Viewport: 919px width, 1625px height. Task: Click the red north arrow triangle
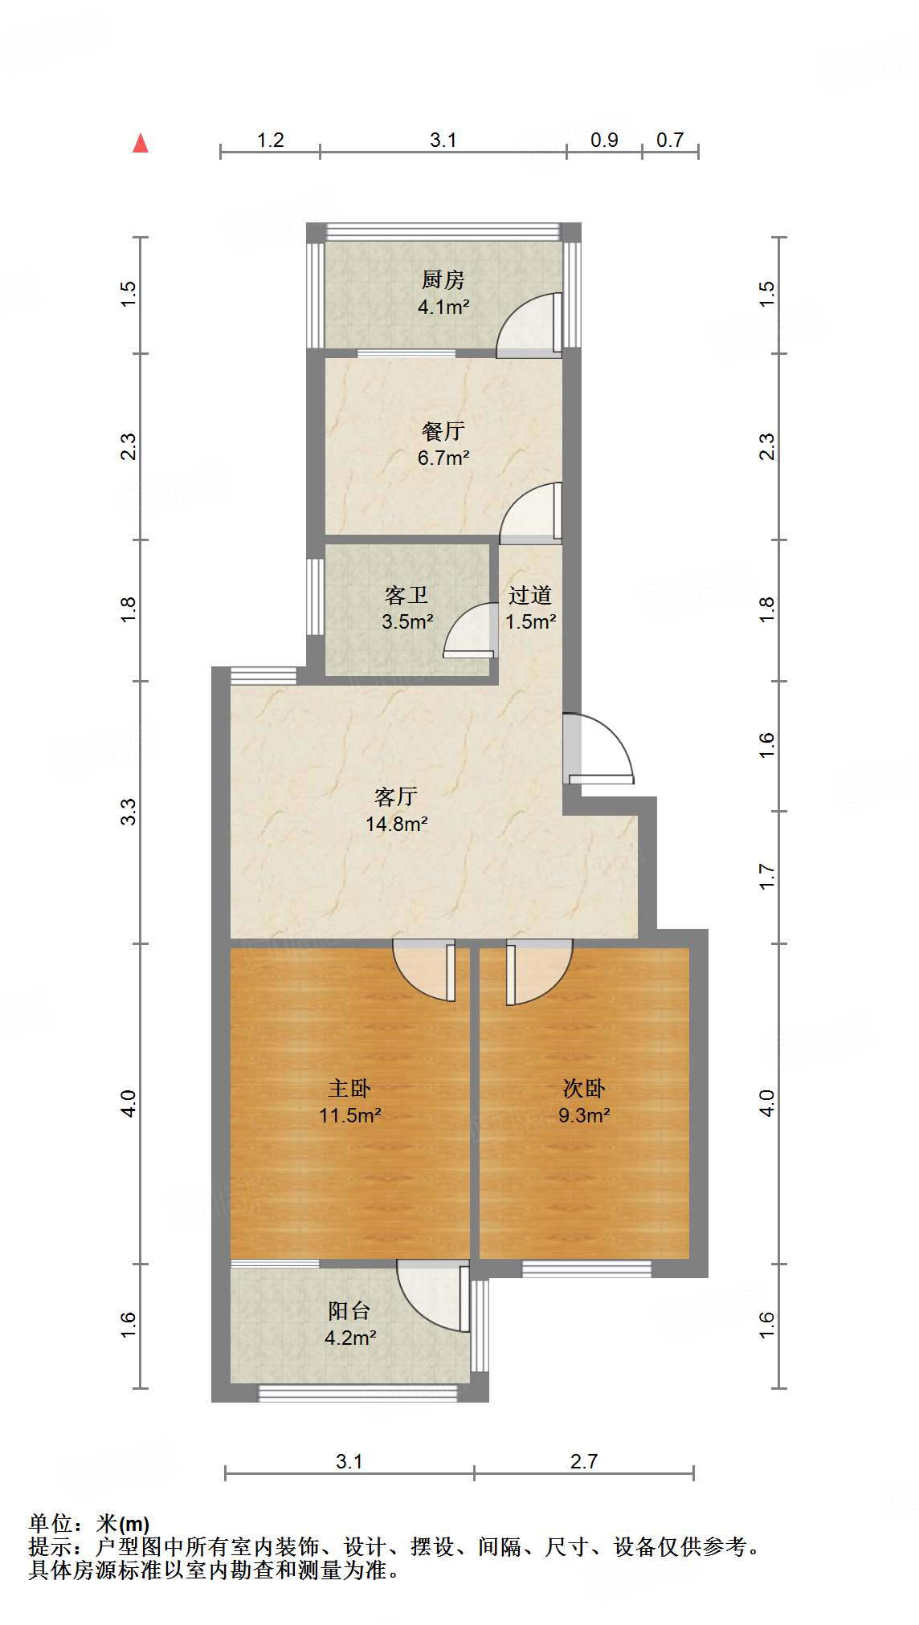(x=141, y=143)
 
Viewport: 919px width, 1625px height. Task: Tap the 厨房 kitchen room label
(x=443, y=280)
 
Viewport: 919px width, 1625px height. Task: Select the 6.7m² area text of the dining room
(x=443, y=458)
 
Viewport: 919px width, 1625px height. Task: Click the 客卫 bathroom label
(x=406, y=595)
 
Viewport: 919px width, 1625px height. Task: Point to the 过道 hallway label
(x=530, y=595)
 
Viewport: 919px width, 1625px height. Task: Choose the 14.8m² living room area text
(x=396, y=824)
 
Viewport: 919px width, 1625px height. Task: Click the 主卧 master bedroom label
(x=349, y=1088)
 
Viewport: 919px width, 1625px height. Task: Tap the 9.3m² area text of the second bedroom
(x=584, y=1115)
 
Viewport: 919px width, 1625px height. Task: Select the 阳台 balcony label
(x=349, y=1311)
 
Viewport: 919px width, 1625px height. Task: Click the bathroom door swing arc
(x=469, y=630)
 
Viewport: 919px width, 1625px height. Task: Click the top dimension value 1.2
(x=271, y=141)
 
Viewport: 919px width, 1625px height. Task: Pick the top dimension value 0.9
(x=604, y=141)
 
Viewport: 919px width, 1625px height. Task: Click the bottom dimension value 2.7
(x=584, y=1462)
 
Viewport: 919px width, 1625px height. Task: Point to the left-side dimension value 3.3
(x=129, y=812)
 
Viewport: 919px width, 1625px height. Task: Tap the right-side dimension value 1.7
(x=766, y=876)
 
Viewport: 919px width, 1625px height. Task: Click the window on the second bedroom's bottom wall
(x=586, y=1269)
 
